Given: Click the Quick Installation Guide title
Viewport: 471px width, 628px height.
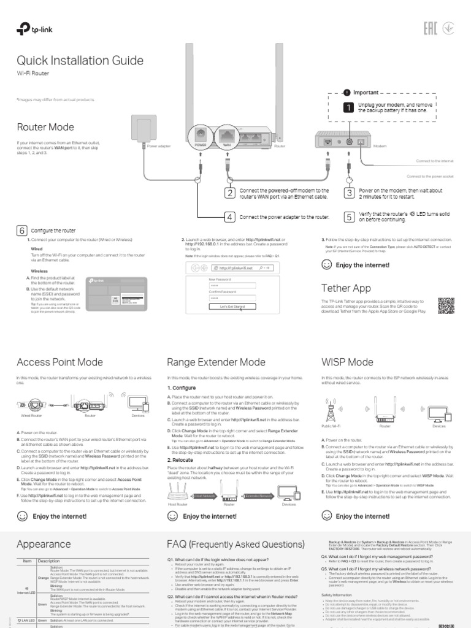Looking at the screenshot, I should pos(80,61).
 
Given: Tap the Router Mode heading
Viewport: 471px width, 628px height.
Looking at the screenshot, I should pos(45,127).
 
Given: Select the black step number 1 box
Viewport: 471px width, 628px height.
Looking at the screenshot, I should pos(348,107).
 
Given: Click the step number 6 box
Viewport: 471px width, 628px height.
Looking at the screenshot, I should pos(21,231).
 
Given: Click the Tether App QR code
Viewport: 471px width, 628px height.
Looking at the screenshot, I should pos(447,305).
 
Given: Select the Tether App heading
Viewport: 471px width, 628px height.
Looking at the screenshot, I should pos(346,288).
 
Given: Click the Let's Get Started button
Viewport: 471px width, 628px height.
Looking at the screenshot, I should pos(227,306).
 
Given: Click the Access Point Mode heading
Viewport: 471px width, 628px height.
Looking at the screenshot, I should pos(59,362).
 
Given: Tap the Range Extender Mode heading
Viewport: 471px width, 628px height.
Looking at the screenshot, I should pos(216,362).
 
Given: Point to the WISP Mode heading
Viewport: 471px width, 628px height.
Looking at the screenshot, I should pos(347,362).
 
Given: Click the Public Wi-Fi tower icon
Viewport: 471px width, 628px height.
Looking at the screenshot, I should pos(331,408).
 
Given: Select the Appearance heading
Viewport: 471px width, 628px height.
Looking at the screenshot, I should pos(44,543).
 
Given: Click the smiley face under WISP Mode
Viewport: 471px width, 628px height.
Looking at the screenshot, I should pos(326,516).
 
